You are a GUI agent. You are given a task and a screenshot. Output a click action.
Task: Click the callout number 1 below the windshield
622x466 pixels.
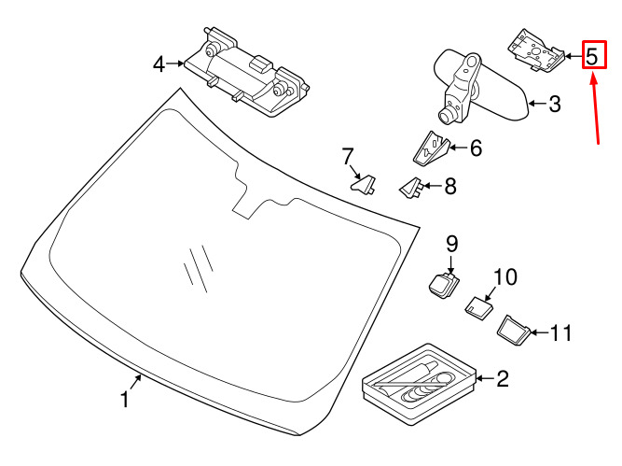125,399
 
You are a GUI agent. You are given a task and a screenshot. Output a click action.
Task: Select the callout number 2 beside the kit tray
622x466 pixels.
503,378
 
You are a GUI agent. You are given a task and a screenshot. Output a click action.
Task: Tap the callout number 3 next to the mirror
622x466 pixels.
555,104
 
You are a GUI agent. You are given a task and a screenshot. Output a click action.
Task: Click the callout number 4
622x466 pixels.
159,64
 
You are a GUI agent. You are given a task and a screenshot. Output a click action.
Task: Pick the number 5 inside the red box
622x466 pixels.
591,56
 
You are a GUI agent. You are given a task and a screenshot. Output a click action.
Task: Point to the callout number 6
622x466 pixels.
476,148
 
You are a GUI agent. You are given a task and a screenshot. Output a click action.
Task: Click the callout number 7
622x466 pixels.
347,156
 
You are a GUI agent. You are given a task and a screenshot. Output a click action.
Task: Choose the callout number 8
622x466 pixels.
450,186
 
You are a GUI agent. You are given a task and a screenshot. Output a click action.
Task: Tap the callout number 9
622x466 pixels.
452,244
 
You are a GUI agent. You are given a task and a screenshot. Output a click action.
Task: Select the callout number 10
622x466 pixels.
505,277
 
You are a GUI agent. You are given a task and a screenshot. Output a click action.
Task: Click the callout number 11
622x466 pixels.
560,332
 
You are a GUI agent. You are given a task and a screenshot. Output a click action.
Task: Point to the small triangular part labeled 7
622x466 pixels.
364,185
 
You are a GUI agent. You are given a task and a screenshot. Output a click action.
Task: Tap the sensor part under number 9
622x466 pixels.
444,285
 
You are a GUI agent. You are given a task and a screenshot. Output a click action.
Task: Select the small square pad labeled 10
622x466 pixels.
478,307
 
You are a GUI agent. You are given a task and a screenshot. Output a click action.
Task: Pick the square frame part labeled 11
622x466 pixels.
514,331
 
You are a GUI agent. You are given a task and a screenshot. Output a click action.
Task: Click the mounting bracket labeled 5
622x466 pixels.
536,50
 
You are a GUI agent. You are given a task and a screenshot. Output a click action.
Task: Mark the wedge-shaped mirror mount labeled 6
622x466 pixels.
430,148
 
